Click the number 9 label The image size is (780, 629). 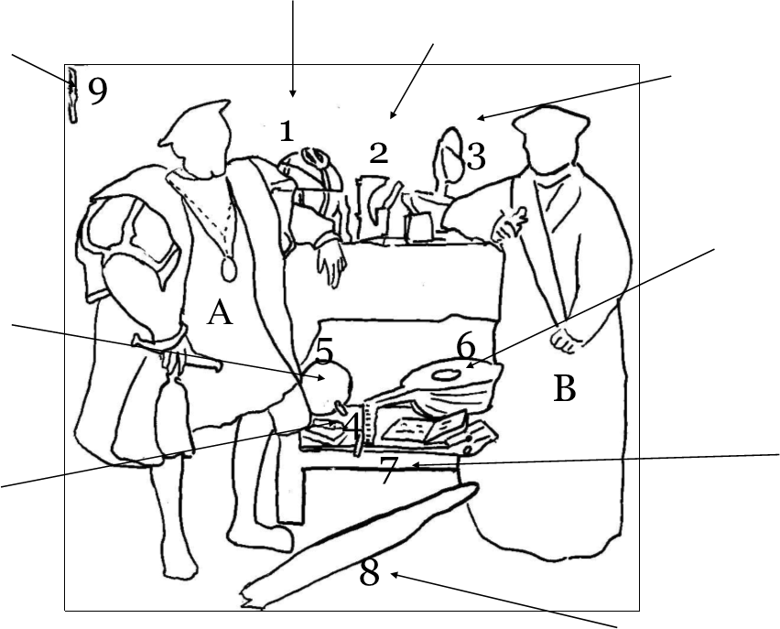(97, 92)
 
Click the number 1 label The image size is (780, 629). (287, 132)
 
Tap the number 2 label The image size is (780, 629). (378, 154)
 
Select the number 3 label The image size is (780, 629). (476, 157)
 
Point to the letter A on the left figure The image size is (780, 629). (220, 314)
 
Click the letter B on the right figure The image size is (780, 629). (565, 390)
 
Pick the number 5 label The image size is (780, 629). (325, 351)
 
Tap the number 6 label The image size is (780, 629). (466, 347)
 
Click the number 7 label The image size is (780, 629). (388, 472)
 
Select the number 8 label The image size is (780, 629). (369, 574)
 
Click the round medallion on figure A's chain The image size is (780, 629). (229, 270)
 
